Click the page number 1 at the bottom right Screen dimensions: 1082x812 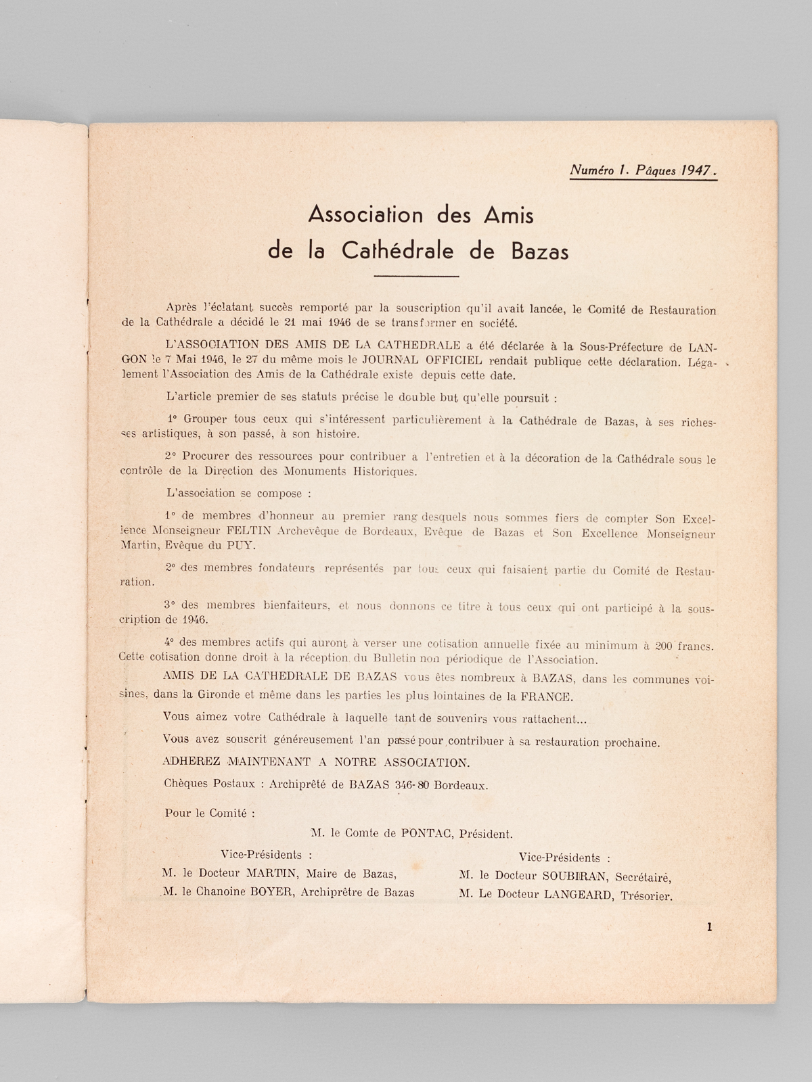tap(708, 927)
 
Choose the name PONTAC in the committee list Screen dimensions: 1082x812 tap(427, 834)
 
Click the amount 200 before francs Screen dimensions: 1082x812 tap(663, 646)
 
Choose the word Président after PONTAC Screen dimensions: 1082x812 tap(486, 834)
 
